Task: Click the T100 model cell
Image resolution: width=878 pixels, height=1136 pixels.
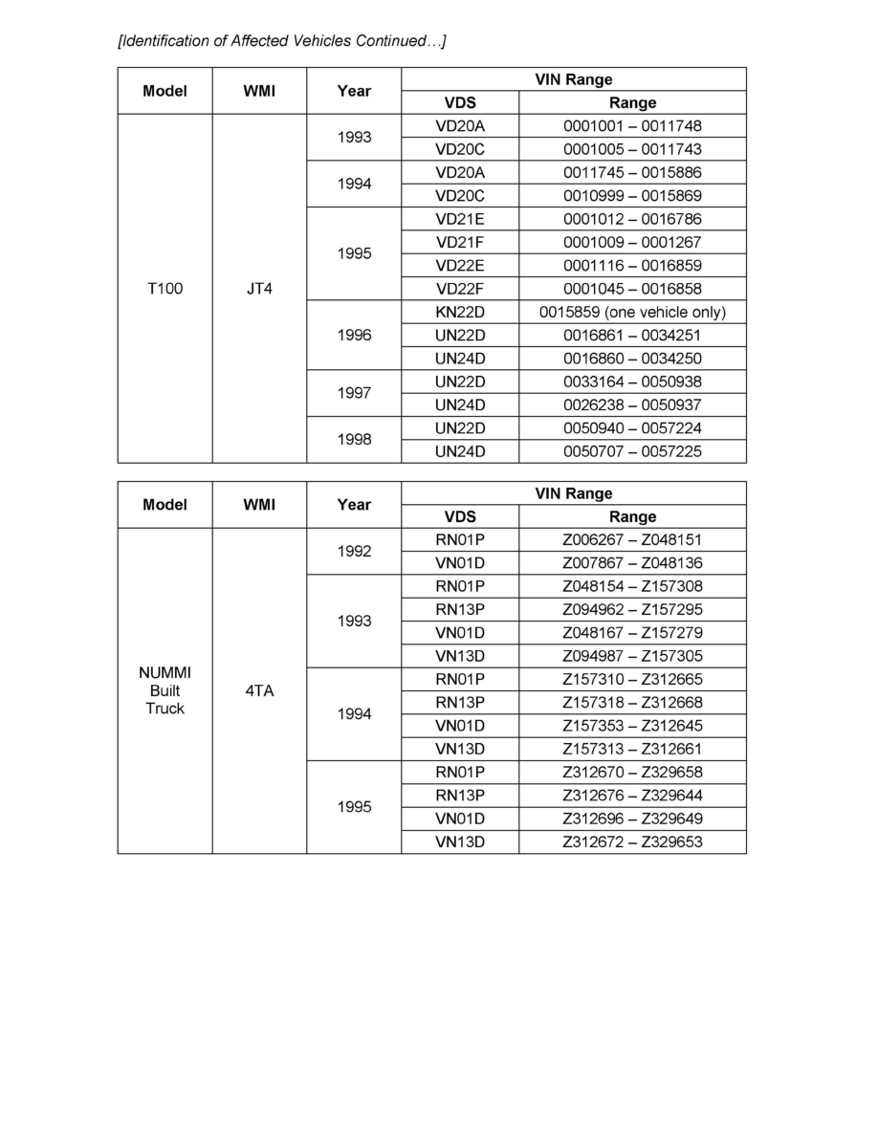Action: (x=165, y=288)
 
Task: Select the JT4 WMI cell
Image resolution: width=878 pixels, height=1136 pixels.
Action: (x=259, y=288)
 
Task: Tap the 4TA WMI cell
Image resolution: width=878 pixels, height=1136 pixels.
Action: (x=259, y=690)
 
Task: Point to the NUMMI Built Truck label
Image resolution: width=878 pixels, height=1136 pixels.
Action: (x=165, y=690)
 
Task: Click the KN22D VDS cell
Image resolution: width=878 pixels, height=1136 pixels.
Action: (x=460, y=312)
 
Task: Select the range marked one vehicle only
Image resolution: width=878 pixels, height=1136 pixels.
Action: (x=632, y=312)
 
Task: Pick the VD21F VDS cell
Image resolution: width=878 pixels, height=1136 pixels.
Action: (x=460, y=242)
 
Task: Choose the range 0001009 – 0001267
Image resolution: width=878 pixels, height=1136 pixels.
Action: (x=632, y=242)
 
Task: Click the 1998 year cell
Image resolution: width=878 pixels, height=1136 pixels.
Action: (x=354, y=440)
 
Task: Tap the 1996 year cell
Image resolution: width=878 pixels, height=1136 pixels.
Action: (x=354, y=335)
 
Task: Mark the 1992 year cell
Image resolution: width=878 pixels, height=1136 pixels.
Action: (x=354, y=552)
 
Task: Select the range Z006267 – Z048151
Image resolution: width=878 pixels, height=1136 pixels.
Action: (x=632, y=539)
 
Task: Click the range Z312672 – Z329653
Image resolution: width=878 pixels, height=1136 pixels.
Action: (x=632, y=841)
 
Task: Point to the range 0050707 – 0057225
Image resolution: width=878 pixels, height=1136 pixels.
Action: (x=632, y=451)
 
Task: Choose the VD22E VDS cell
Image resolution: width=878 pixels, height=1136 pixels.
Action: (x=460, y=265)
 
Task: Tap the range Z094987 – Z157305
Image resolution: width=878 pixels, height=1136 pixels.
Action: (x=632, y=655)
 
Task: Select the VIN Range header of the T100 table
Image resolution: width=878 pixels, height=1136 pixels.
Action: (x=574, y=79)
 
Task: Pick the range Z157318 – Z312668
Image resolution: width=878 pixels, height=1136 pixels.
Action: (x=632, y=702)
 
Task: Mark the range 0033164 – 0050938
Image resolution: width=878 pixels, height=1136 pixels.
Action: (x=632, y=382)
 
